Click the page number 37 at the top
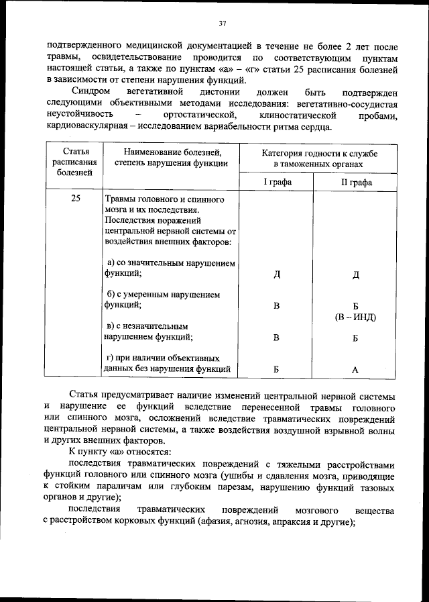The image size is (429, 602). click(222, 24)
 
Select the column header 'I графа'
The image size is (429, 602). click(276, 181)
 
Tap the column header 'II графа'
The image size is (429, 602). click(355, 181)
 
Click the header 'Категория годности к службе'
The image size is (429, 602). click(319, 154)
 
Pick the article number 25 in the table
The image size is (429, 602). click(75, 199)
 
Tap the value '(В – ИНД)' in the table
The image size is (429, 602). click(356, 317)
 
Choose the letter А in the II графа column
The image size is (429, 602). click(355, 369)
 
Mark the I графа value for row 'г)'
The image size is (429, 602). click(276, 369)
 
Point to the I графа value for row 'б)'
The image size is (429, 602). click(276, 306)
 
